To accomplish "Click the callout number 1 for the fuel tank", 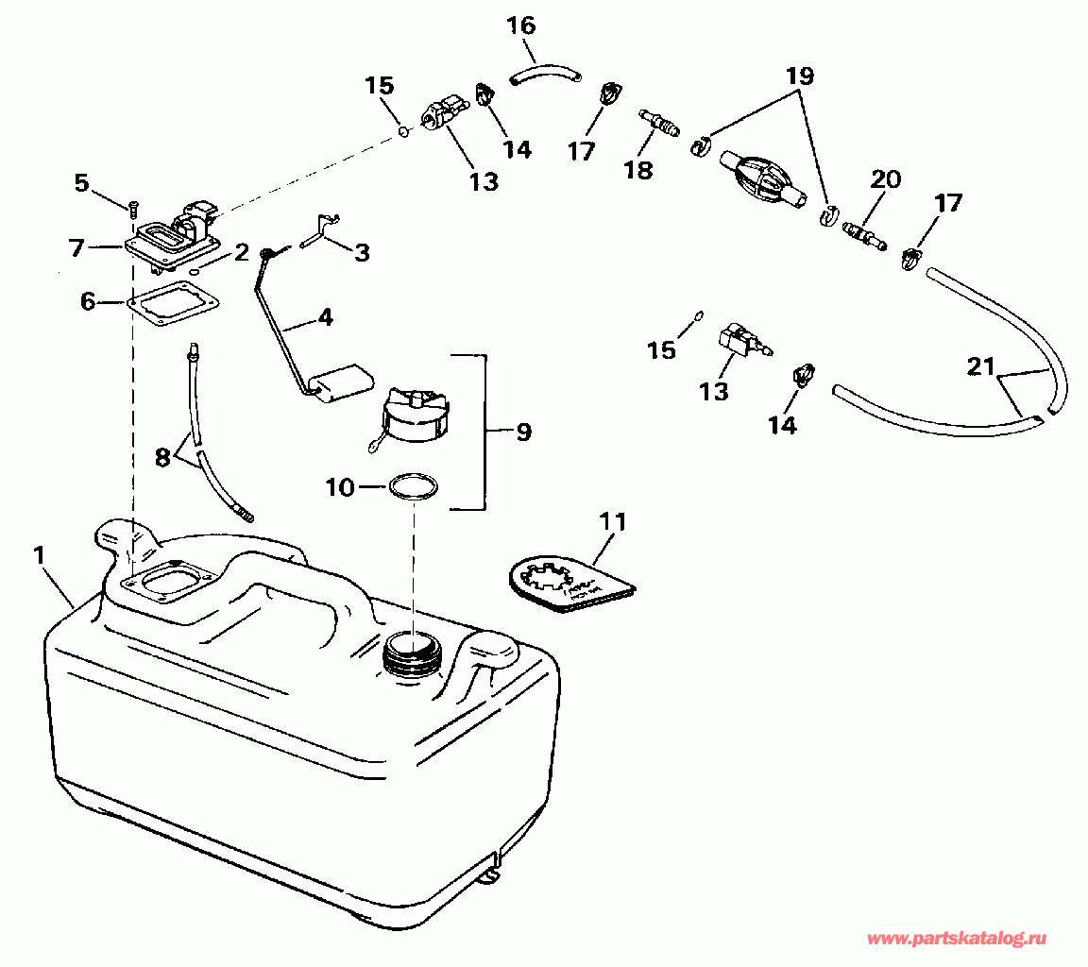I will coord(39,556).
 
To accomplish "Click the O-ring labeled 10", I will coord(415,488).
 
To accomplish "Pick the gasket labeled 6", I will coord(173,303).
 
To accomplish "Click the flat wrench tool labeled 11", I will coord(567,586).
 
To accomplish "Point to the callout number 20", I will coord(886,179).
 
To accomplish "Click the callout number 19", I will coord(800,75).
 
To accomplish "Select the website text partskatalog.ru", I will coord(957,939).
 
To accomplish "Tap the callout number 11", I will coord(613,521).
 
